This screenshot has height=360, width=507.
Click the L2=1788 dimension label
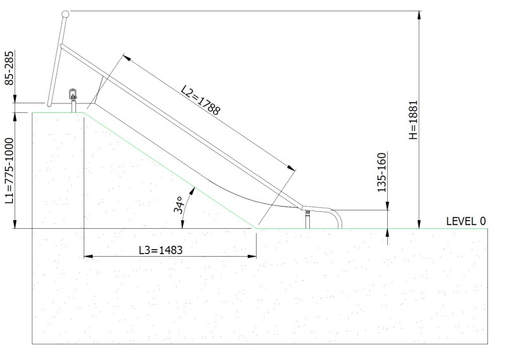(x=200, y=100)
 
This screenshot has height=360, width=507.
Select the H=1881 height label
(x=414, y=120)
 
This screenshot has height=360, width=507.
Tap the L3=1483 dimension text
(x=161, y=250)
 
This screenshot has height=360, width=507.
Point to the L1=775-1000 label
(x=10, y=170)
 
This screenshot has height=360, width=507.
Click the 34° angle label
(x=179, y=205)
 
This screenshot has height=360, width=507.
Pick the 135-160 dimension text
(x=382, y=172)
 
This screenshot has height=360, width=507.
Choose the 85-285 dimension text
(x=10, y=68)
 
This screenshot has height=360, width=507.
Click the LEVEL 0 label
(x=466, y=221)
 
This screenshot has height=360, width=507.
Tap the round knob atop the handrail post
(x=65, y=14)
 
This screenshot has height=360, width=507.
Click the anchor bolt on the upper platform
(x=74, y=94)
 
